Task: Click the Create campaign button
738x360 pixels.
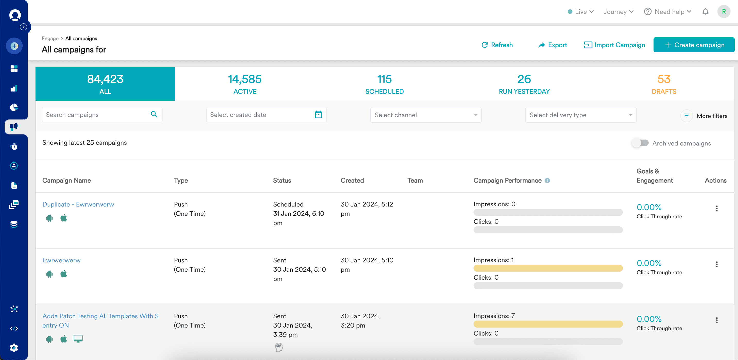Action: pyautogui.click(x=694, y=45)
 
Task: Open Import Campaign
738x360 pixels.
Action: pyautogui.click(x=614, y=45)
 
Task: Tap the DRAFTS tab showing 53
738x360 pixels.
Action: pyautogui.click(x=664, y=84)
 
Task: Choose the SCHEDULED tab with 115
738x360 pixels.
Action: pyautogui.click(x=384, y=84)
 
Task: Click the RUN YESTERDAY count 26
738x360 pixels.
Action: pyautogui.click(x=524, y=79)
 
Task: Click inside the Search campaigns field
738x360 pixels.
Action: pyautogui.click(x=96, y=115)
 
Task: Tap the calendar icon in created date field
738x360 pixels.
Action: pyautogui.click(x=318, y=115)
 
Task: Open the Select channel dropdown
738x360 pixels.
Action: pyautogui.click(x=425, y=115)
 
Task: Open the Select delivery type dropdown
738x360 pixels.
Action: pyautogui.click(x=580, y=115)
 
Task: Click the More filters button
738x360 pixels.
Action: pyautogui.click(x=704, y=116)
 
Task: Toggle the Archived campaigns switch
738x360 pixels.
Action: pyautogui.click(x=640, y=143)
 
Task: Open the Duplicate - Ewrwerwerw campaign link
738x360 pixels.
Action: pyautogui.click(x=78, y=204)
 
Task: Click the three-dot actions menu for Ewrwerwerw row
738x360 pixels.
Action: pyautogui.click(x=717, y=264)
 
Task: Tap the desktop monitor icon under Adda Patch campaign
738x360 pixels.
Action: pyautogui.click(x=78, y=339)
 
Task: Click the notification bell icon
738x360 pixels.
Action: pyautogui.click(x=705, y=12)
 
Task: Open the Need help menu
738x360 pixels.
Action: pyautogui.click(x=667, y=12)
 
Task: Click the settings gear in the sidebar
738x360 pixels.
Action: pyautogui.click(x=14, y=348)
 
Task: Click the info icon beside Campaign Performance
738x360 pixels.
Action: pyautogui.click(x=547, y=181)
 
